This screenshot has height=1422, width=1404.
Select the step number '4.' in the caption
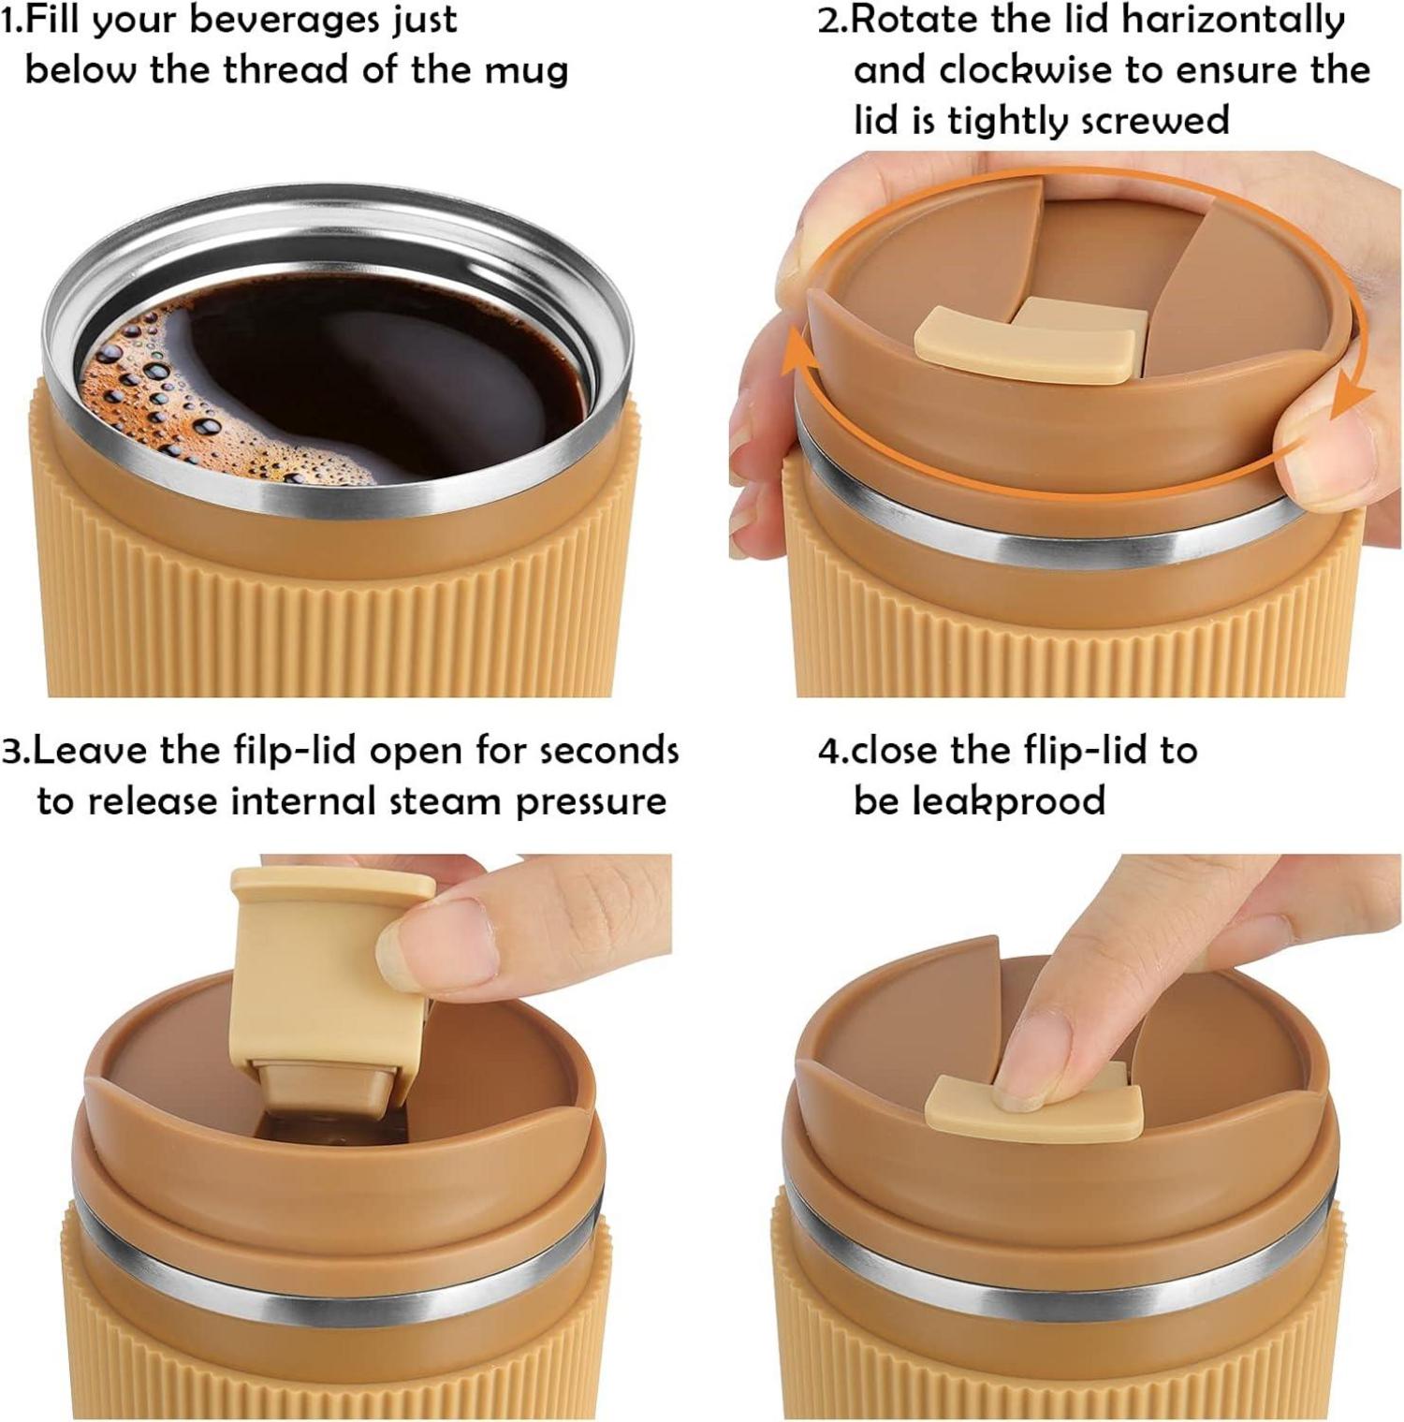point(832,751)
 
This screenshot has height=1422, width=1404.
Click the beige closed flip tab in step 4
point(1034,1107)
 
